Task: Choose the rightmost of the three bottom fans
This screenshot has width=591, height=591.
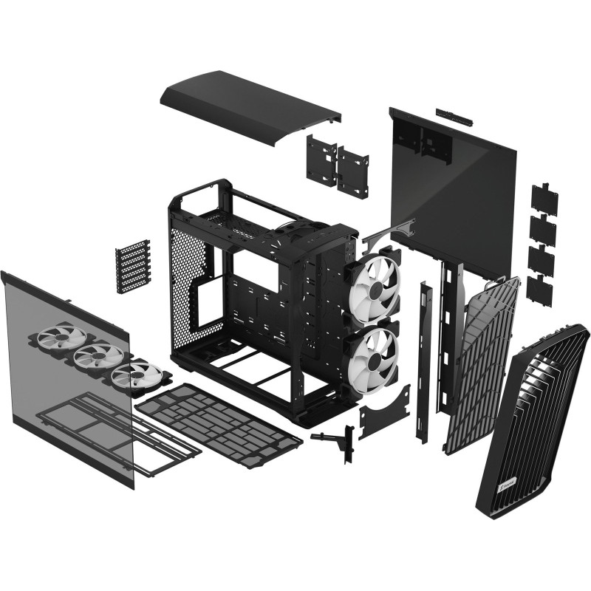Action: click(135, 375)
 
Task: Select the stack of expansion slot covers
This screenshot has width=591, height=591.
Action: click(133, 266)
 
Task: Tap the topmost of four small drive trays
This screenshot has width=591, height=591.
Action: click(544, 198)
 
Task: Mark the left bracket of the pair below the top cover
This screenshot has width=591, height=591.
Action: click(319, 159)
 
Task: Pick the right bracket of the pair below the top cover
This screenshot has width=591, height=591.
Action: click(353, 171)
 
